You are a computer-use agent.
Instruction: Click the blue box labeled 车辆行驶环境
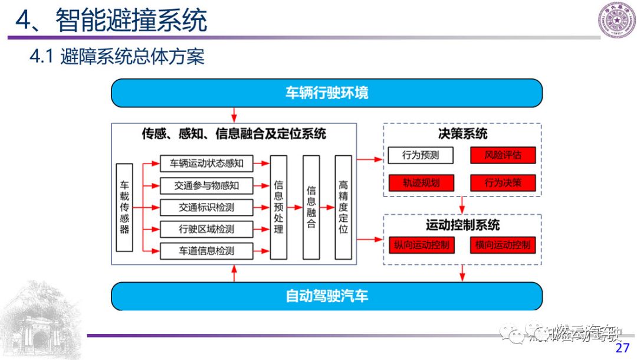(x=326, y=93)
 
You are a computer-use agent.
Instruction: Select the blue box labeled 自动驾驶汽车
(x=326, y=296)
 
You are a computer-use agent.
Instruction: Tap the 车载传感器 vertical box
(x=124, y=207)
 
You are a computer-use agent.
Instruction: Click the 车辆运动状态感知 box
(x=206, y=162)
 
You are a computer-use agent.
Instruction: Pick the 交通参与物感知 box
(x=206, y=185)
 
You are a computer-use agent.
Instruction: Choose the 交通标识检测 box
(x=206, y=207)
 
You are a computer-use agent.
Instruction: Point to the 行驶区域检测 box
(x=206, y=229)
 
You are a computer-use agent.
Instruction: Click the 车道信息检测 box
(x=206, y=251)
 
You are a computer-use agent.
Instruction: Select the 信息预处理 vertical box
(x=278, y=207)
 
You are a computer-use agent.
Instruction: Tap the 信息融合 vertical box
(x=311, y=207)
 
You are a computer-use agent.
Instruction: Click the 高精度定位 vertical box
(x=343, y=207)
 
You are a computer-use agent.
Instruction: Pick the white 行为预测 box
(x=421, y=155)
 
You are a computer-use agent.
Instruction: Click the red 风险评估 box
(x=503, y=155)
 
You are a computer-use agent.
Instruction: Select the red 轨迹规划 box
(x=421, y=183)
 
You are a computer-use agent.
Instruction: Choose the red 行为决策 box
(x=503, y=183)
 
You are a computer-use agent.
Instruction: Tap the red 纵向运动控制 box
(x=421, y=245)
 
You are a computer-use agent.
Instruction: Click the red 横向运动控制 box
(x=503, y=245)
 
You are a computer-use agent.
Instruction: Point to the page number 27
(x=622, y=348)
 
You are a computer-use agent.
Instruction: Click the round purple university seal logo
(x=617, y=20)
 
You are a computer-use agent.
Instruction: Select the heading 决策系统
(x=462, y=134)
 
